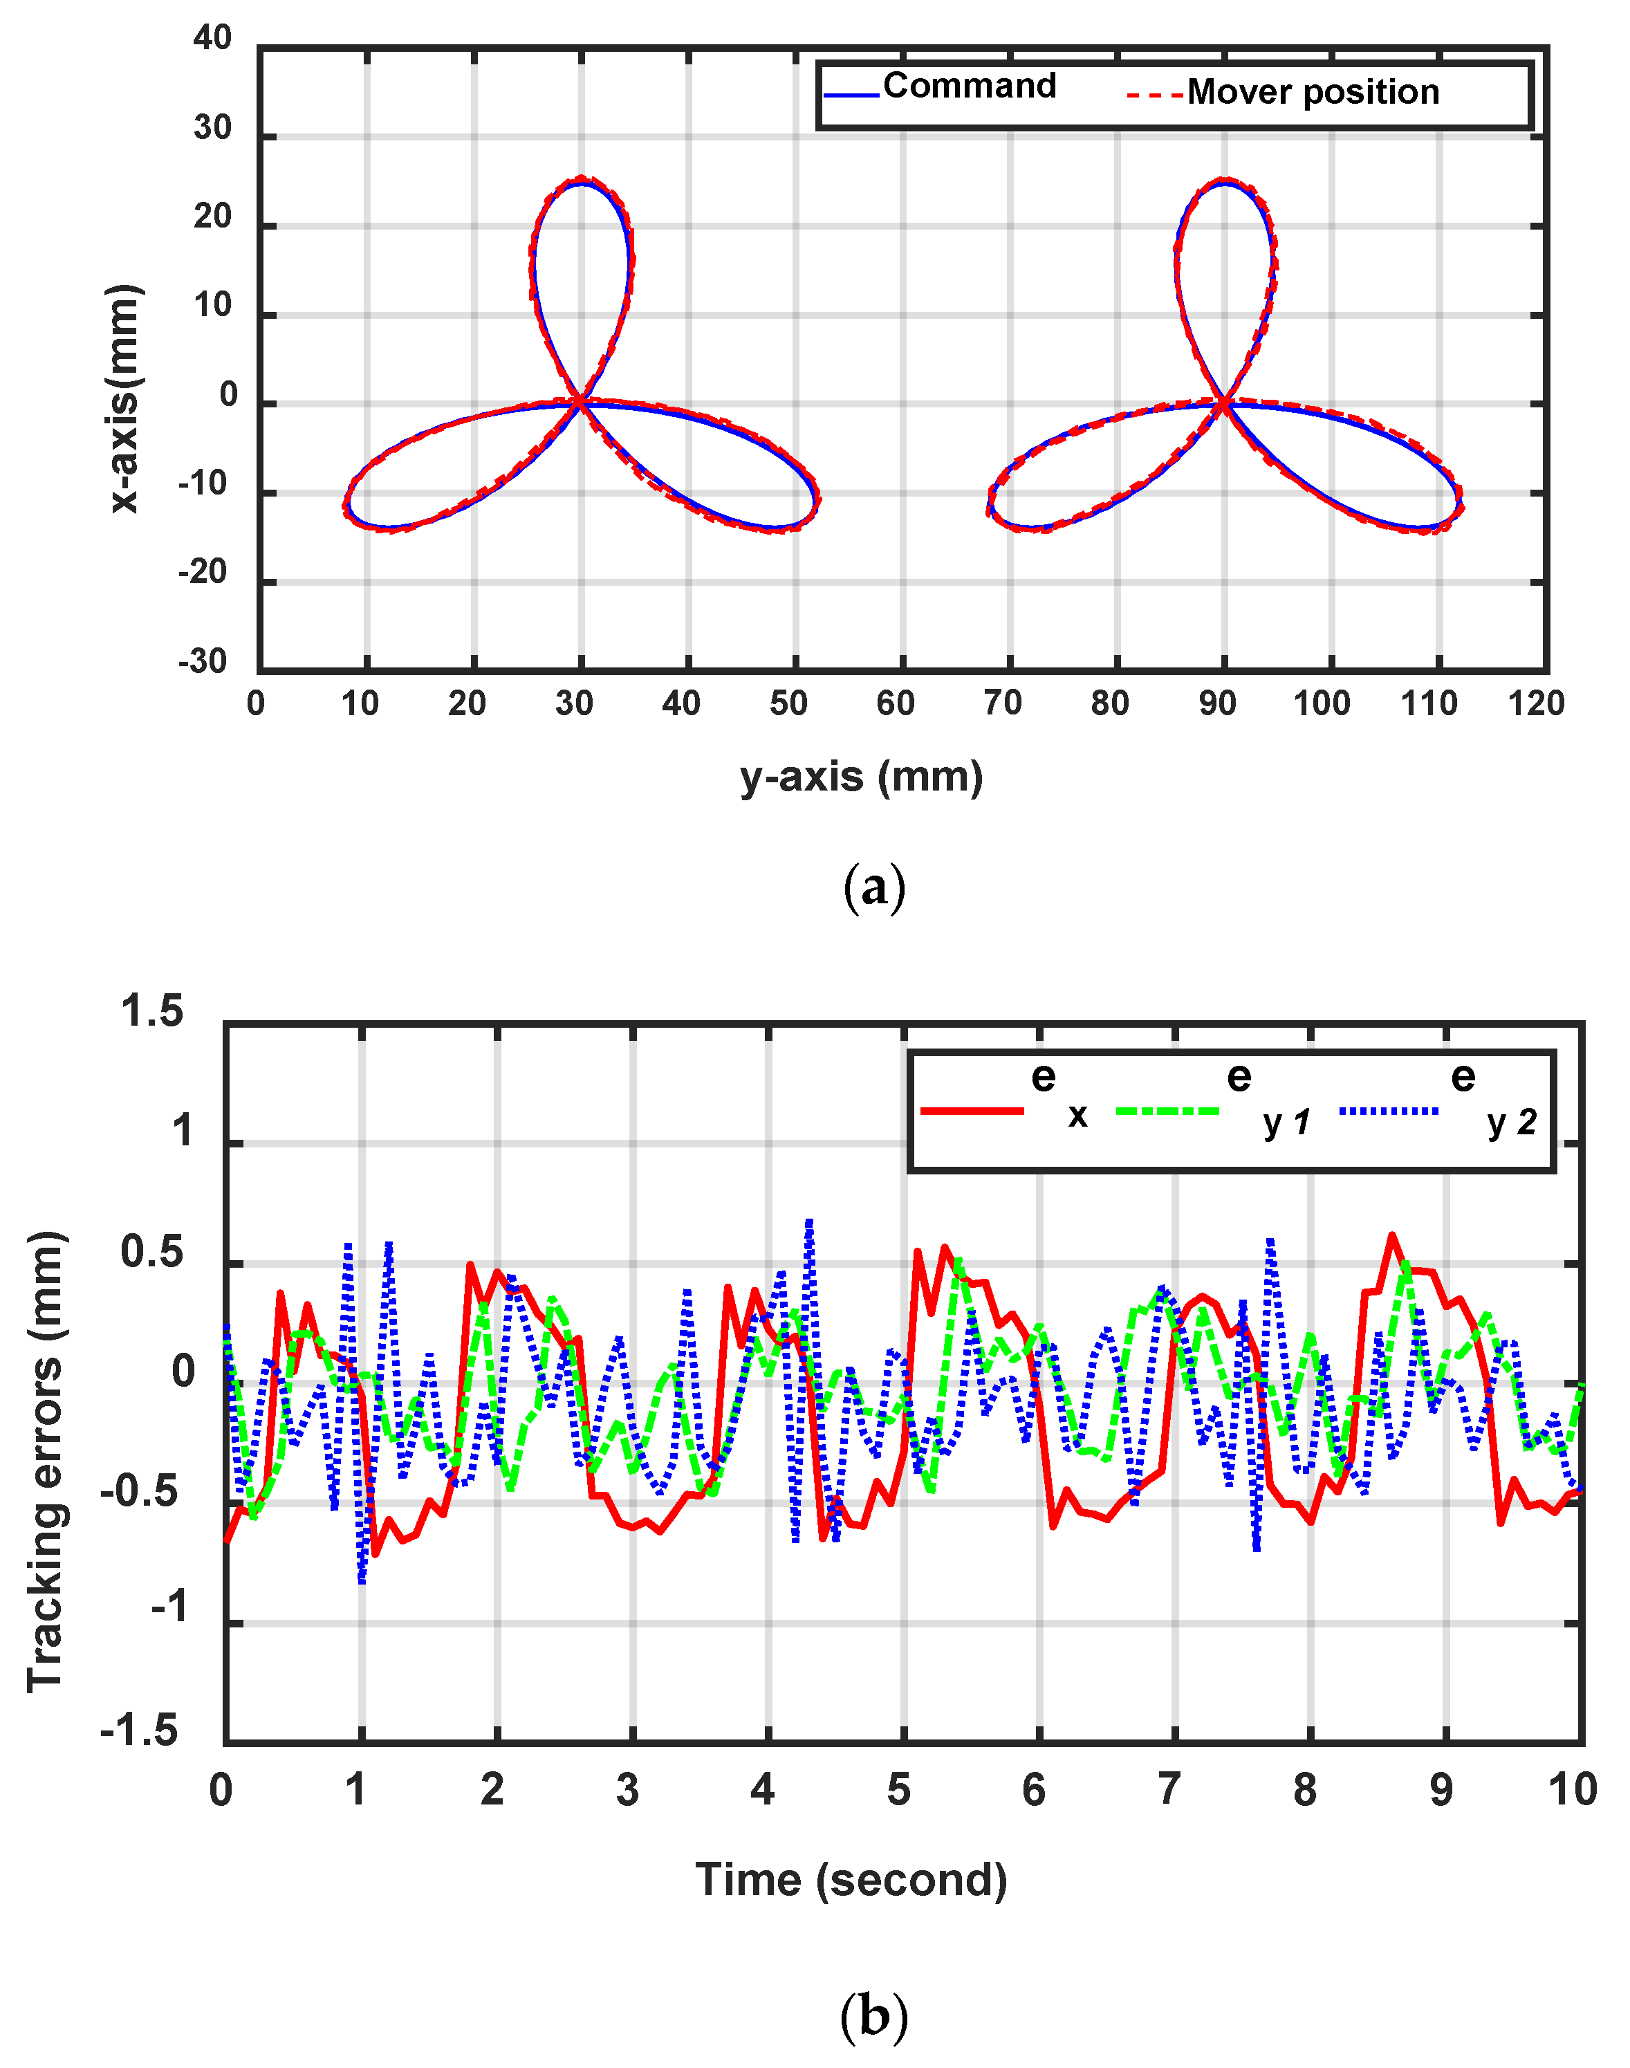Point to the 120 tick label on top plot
tap(1535, 703)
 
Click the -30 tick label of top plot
tap(203, 661)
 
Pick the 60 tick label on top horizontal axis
tap(896, 703)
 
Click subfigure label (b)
tap(873, 2016)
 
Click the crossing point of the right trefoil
tap(1223, 405)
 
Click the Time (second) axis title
tap(851, 1880)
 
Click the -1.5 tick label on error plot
tap(140, 1730)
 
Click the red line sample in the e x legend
tap(972, 1111)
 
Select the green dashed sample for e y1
tap(1167, 1111)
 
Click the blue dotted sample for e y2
tap(1389, 1111)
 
